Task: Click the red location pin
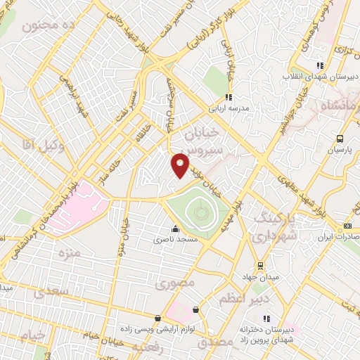coord(180,165)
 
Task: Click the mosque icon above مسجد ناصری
coord(175,229)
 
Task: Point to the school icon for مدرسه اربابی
coord(228,98)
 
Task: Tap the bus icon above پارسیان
coord(340,139)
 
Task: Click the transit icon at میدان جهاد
coord(261,265)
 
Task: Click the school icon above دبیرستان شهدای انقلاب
coord(321,65)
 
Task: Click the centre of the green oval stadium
coord(199,210)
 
